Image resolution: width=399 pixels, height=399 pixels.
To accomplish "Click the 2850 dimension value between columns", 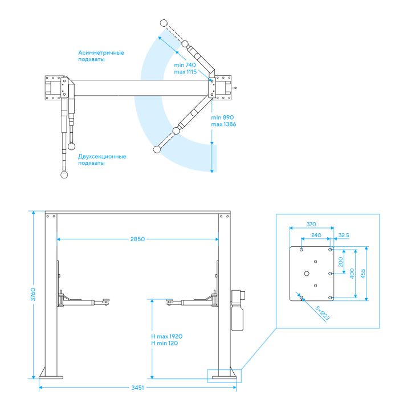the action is point(137,239).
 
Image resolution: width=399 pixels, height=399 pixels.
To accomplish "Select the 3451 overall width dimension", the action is point(137,388).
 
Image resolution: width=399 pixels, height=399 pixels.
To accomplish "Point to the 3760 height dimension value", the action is point(33,295).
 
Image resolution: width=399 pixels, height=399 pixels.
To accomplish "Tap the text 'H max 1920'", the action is point(166,336).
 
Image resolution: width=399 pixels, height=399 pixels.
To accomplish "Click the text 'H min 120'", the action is point(164,343).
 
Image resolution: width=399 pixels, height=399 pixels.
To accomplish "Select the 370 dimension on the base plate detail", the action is point(311,224).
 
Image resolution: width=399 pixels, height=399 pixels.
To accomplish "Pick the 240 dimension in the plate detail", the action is point(316,235).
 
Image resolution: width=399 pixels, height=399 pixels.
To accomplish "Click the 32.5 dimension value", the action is point(344,235).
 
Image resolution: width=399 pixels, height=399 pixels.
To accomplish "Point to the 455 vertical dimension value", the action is point(363,274).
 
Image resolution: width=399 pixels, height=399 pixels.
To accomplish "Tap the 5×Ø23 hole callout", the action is point(323,313).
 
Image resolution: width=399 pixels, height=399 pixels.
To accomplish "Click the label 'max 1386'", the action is point(223,124).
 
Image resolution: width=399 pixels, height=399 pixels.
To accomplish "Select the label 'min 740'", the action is point(185,65).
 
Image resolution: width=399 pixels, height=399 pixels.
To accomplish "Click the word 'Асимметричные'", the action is point(101,52).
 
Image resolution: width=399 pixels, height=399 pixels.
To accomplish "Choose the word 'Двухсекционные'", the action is point(102,156).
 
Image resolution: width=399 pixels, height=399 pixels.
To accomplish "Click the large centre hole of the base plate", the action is point(307,274).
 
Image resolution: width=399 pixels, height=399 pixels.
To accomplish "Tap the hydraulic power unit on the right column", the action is point(237,311).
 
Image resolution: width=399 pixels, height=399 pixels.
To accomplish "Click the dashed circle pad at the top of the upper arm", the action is point(164,23).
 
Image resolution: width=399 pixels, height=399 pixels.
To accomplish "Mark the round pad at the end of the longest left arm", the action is point(64,174).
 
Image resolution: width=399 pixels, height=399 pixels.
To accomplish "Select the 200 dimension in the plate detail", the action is point(341,262).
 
